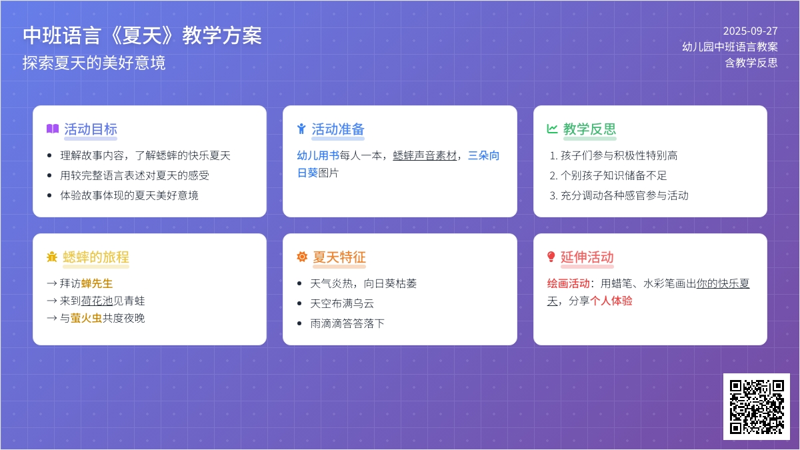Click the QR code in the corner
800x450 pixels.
click(757, 407)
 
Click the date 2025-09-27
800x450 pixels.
click(751, 31)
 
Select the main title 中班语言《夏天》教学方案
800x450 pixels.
click(142, 36)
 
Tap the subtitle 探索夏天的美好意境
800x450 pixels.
click(94, 63)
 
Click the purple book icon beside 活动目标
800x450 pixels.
click(53, 129)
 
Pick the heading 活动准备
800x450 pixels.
click(338, 129)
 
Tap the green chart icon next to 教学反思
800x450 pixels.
click(552, 129)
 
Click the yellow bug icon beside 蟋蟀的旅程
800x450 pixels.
click(52, 257)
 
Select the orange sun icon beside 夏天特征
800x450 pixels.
click(302, 257)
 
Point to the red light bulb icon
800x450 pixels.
click(551, 257)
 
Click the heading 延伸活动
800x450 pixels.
click(587, 257)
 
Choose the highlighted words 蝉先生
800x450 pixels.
click(97, 283)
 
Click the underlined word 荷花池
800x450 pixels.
click(97, 301)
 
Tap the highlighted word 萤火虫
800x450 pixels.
click(86, 318)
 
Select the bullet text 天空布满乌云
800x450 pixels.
click(342, 303)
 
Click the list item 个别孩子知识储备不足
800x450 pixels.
click(613, 176)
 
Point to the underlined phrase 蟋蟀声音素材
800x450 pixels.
click(425, 156)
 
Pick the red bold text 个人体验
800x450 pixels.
click(611, 301)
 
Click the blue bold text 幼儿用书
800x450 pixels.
click(318, 156)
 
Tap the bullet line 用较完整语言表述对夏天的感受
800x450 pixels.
click(135, 176)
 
